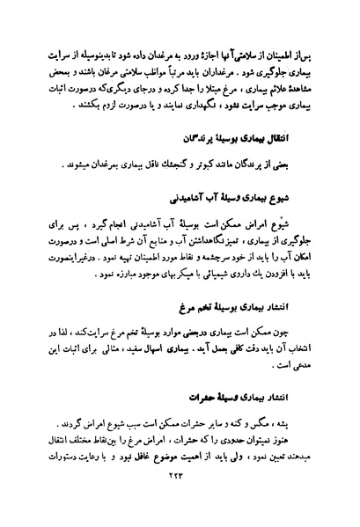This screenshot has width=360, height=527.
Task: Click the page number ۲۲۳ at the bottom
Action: (179, 502)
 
